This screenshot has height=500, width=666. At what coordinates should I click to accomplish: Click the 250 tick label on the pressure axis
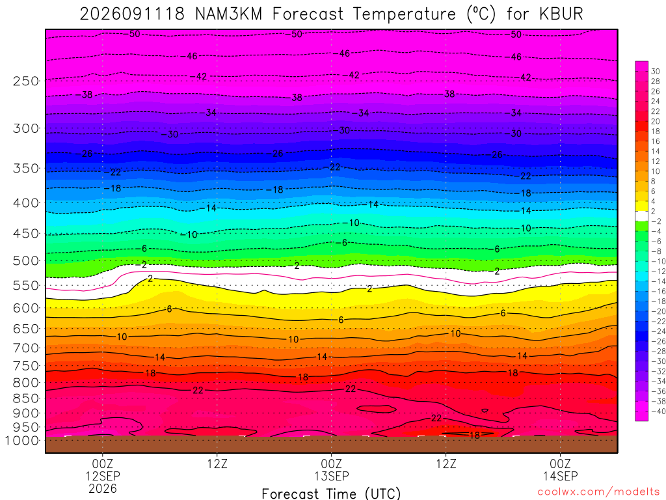pos(26,81)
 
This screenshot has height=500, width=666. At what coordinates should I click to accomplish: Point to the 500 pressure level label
pos(26,260)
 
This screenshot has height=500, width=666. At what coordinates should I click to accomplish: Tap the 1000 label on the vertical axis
pos(22,441)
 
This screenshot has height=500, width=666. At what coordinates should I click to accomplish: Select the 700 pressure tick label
pos(26,348)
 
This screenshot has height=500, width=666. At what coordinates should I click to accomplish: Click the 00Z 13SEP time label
pos(331,469)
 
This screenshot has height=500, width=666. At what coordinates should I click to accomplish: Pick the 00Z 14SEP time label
pos(560,469)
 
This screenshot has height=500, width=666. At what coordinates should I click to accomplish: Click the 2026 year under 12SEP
pos(102,488)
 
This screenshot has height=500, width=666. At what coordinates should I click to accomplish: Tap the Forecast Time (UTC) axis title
pos(331,493)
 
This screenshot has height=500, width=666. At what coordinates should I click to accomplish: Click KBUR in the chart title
pos(561,14)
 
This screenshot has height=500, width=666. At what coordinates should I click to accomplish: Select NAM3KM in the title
pos(229,14)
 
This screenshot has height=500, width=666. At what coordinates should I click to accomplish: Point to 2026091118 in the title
pos(132,14)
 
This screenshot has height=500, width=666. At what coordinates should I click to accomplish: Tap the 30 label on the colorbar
pos(656,72)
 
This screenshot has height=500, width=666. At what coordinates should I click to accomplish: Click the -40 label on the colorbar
pos(658,411)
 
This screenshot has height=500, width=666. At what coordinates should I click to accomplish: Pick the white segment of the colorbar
pos(641,216)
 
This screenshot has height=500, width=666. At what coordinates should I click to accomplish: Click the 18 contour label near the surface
pos(474,435)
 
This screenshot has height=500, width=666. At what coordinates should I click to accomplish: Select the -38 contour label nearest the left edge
pos(87,94)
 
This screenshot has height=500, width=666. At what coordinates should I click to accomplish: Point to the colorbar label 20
pos(656,121)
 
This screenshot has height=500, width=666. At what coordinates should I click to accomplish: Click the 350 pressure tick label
pos(26,169)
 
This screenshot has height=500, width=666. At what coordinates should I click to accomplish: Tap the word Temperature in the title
pos(404,14)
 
